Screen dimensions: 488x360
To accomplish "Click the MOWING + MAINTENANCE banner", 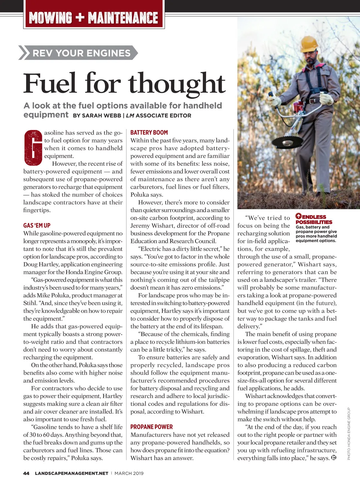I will pos(94,17).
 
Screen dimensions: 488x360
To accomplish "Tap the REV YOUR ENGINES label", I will pos(81,53).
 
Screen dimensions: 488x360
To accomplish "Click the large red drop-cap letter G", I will pos(33,147).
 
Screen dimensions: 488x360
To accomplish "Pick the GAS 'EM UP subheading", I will pos(37,225).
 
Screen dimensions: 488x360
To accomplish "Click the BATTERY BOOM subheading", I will pos(149,132).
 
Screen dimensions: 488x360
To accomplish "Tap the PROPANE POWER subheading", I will pos(151,427).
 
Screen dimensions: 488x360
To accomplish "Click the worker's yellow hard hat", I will pos(309,44).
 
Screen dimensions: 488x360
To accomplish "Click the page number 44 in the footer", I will pos(26,473).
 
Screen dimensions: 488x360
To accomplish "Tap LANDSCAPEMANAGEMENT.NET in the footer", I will pos(71,473).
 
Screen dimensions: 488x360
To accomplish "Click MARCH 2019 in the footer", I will pos(129,473).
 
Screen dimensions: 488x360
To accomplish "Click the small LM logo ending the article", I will pos(333,458).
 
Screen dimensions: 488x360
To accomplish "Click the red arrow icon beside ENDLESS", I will pos(298,216).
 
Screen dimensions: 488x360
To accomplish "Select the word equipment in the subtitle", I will pos(46,115).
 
